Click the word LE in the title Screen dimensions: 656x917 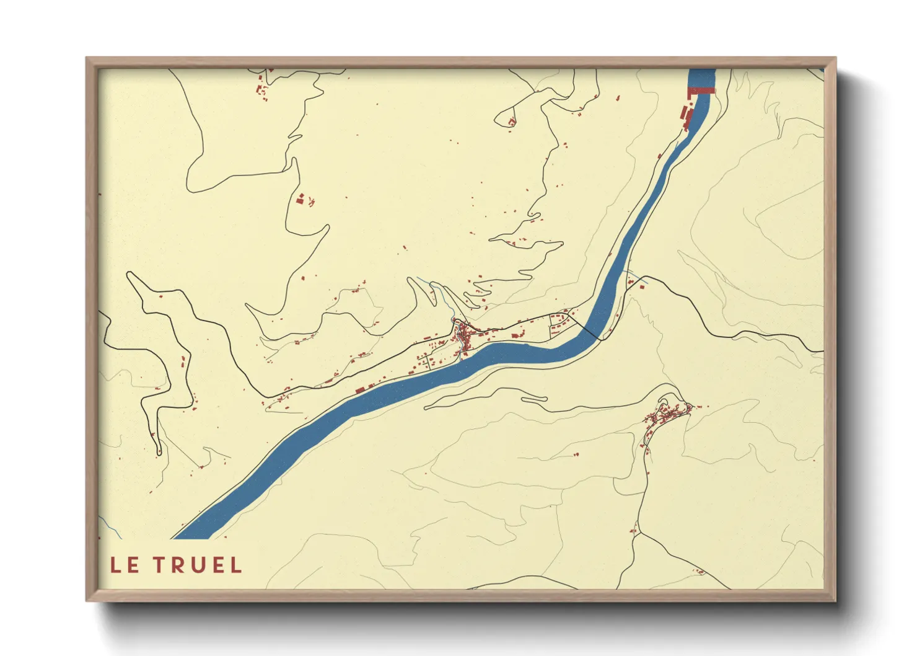(125, 565)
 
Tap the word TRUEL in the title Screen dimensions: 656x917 (198, 565)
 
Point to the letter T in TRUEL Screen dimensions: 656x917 (160, 565)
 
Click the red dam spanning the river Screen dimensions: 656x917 (702, 91)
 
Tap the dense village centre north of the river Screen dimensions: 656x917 (463, 337)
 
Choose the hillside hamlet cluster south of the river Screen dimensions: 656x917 (667, 414)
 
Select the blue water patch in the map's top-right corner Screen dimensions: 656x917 (820, 70)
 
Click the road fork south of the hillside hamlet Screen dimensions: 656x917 (639, 531)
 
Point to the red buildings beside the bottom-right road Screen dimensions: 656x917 (700, 571)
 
